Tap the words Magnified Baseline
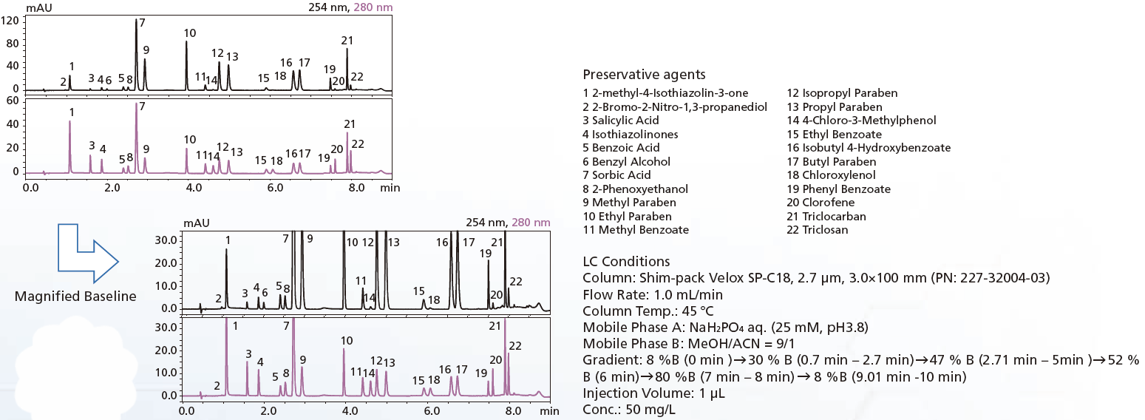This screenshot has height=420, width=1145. (75, 297)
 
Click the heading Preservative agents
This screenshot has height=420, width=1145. (644, 74)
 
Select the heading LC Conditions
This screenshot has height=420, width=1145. (626, 261)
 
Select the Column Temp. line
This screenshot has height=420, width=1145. (648, 311)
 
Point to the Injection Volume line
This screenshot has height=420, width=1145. (653, 393)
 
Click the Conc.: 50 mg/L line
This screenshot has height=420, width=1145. (629, 409)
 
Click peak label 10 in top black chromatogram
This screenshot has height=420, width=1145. (190, 33)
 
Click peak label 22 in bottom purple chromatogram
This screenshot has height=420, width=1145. (515, 345)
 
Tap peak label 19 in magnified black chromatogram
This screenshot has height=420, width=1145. (486, 253)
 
